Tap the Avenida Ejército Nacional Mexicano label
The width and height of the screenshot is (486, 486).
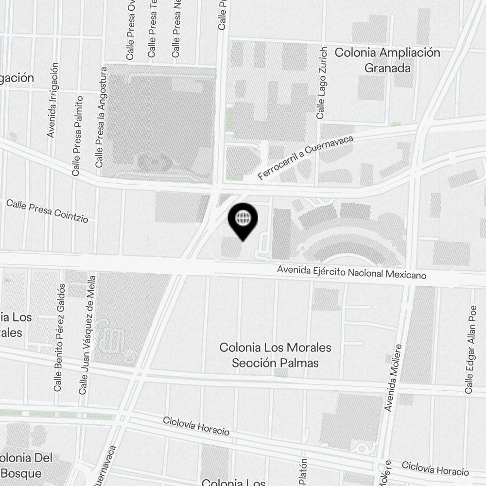(x=351, y=272)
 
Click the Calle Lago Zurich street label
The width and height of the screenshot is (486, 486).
(x=320, y=83)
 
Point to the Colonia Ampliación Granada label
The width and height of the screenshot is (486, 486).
(x=387, y=60)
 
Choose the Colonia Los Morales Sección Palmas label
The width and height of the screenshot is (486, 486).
(x=275, y=355)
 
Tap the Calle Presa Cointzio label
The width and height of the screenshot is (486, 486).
(x=47, y=211)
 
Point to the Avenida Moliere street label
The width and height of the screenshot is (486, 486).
(x=393, y=378)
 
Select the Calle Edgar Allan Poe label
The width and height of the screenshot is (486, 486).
(x=470, y=348)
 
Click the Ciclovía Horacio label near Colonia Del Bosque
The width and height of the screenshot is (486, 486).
(x=196, y=426)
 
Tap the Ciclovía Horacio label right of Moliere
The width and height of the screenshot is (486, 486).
(x=435, y=469)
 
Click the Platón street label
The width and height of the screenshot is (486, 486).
(x=303, y=471)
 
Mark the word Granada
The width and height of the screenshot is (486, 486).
(x=387, y=68)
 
